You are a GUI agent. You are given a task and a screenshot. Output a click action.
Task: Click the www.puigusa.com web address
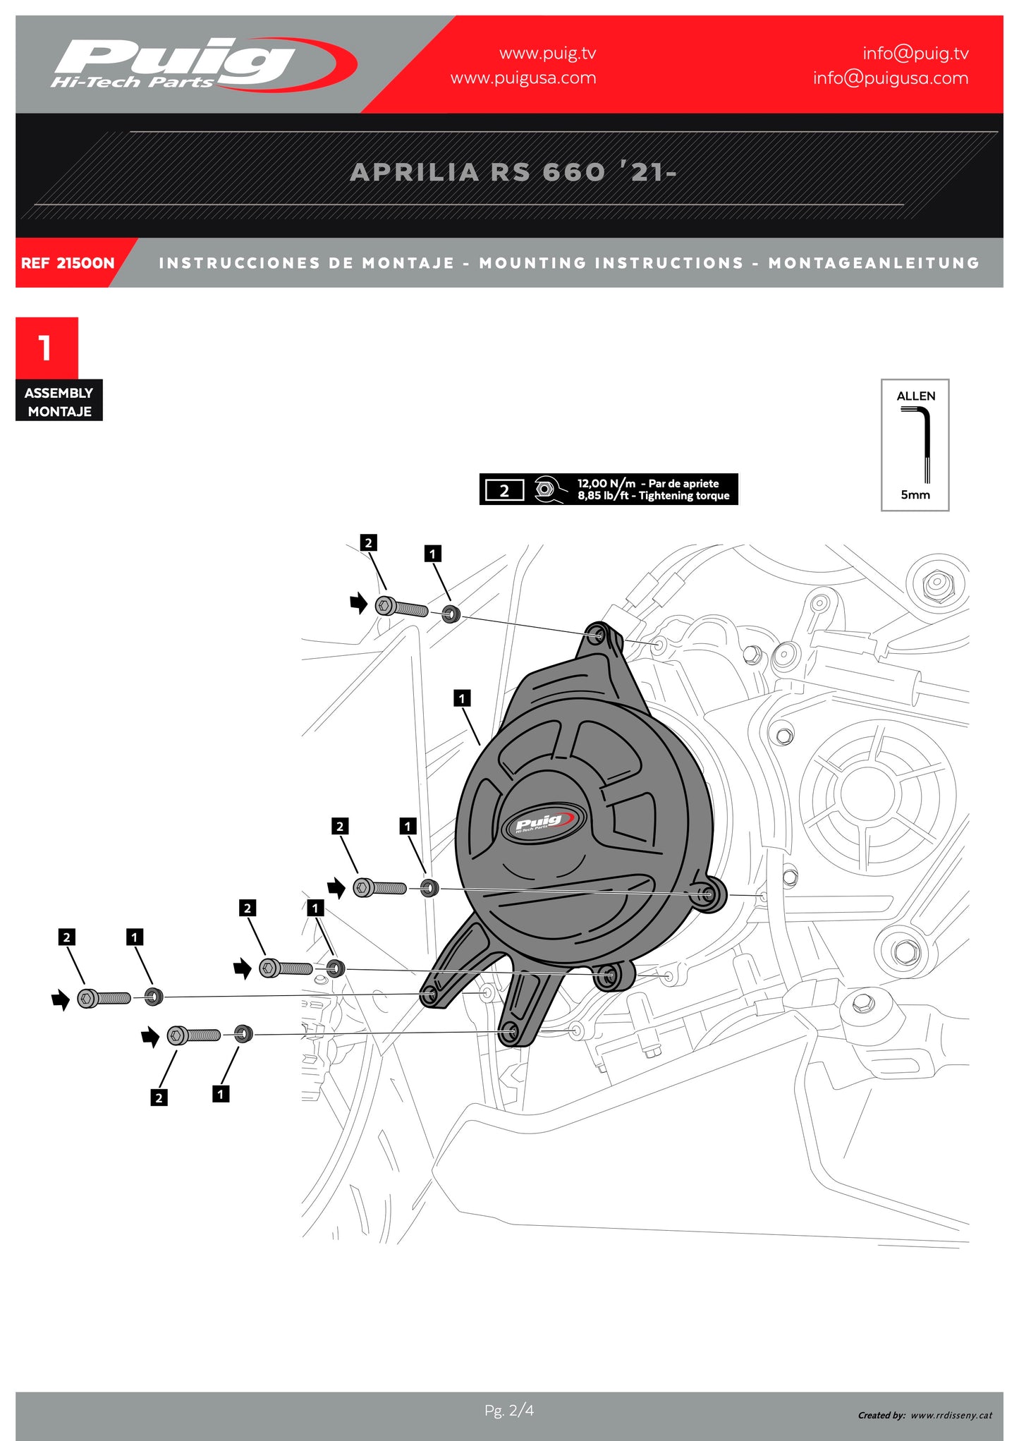click(523, 78)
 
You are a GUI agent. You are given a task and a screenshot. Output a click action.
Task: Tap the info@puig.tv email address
click(915, 54)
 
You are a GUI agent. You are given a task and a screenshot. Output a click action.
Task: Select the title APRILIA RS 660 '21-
click(513, 172)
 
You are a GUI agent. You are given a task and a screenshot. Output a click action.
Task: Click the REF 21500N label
click(67, 263)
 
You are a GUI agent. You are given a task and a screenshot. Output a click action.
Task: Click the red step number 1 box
click(47, 348)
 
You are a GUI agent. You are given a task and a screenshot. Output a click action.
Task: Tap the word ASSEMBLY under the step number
click(59, 393)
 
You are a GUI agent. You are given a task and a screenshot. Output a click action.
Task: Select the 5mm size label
click(915, 495)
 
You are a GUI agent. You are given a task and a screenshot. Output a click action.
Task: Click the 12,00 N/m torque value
click(606, 483)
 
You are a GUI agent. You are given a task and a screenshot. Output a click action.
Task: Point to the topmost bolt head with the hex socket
click(385, 605)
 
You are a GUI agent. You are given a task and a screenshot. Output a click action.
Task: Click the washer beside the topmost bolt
click(451, 613)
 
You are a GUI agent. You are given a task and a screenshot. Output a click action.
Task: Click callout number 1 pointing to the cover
click(461, 698)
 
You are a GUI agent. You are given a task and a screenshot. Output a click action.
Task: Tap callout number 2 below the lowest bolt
click(159, 1098)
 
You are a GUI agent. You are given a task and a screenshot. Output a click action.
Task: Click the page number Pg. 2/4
click(508, 1410)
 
